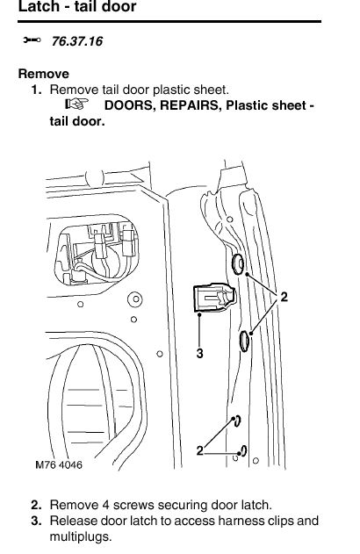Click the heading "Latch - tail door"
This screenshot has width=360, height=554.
pos(77,6)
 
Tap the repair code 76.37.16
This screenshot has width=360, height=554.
pos(77,41)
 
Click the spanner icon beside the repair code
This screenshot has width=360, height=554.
pos(32,40)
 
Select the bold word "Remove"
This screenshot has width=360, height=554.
pos(43,74)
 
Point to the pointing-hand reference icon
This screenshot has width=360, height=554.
pos(76,104)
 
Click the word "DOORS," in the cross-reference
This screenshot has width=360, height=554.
pos(130,105)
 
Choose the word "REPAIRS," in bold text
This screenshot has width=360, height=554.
pos(191,105)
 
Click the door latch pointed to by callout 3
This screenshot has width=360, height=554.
pos(213,297)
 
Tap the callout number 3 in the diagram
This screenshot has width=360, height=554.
pos(199,353)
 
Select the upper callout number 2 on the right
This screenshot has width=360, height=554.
pos(284,297)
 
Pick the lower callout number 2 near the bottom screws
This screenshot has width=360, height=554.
pos(200,450)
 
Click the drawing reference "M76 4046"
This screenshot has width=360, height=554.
pos(59,464)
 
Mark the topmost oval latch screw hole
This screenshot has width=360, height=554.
pos(237,263)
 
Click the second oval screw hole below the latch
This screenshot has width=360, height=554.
pos(244,342)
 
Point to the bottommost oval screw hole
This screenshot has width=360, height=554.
pos(244,450)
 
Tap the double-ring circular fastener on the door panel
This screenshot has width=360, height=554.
pos(135,299)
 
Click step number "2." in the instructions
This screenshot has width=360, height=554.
pos(36,505)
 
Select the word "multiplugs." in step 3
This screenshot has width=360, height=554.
pos(81,536)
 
